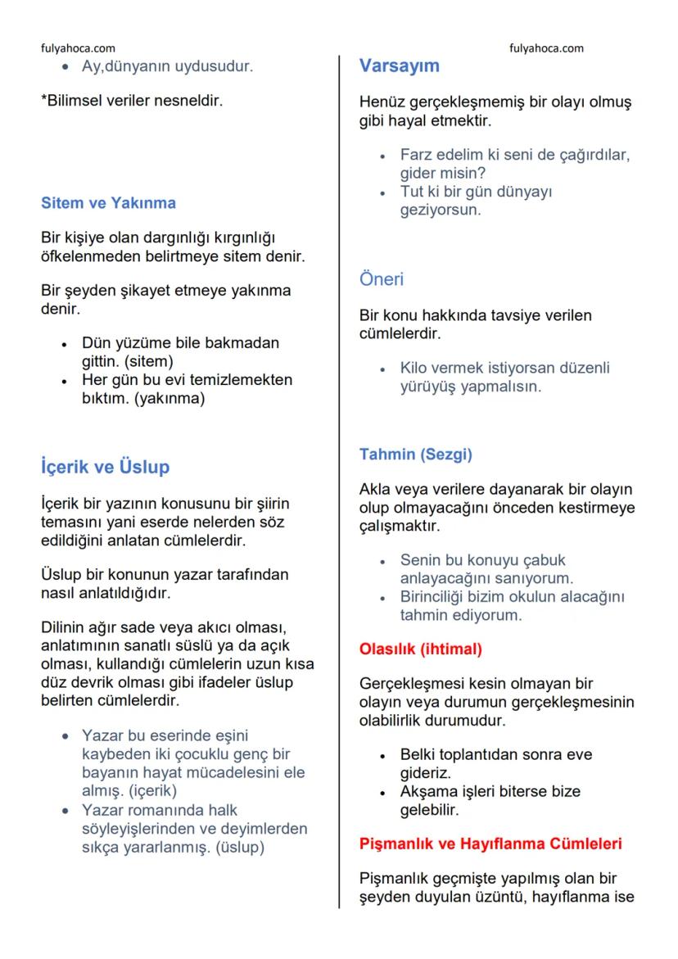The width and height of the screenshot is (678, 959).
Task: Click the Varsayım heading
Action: click(x=399, y=66)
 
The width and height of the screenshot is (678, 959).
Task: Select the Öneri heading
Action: click(x=382, y=279)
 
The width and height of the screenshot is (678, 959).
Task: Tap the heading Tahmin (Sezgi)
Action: click(x=416, y=453)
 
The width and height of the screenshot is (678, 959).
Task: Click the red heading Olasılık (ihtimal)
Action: click(x=421, y=649)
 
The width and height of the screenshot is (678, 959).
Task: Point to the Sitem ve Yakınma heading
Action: click(x=108, y=202)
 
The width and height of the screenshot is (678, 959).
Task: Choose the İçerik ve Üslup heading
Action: click(x=105, y=468)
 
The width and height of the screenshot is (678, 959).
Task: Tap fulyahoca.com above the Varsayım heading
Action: click(x=546, y=48)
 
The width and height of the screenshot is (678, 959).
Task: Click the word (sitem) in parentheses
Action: click(x=149, y=361)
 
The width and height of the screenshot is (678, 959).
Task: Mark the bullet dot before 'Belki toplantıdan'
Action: click(x=382, y=755)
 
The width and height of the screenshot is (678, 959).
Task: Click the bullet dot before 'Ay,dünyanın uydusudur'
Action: click(x=65, y=67)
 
